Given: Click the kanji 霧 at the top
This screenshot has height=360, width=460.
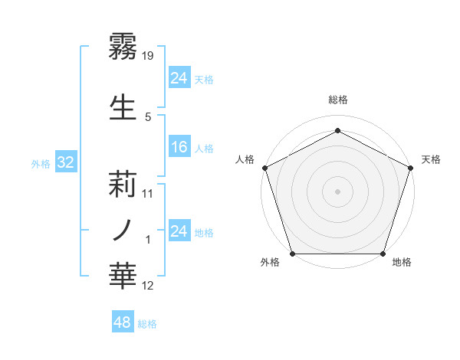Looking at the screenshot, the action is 123,46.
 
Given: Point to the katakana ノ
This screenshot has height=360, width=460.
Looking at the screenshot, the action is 123,229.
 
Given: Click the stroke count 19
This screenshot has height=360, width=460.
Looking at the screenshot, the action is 149,55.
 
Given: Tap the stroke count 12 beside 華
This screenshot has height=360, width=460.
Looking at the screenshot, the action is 149,286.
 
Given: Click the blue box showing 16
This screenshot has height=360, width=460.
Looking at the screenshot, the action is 179,147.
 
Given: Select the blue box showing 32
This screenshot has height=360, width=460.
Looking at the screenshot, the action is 65,162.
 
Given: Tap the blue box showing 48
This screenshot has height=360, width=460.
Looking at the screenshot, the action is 122,322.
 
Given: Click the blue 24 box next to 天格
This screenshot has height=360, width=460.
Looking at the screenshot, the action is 179,77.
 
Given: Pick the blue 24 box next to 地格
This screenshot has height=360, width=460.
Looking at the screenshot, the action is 179,231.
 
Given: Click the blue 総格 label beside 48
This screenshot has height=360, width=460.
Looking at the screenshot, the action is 147,324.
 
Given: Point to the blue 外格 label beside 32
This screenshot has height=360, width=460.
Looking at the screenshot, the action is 41,163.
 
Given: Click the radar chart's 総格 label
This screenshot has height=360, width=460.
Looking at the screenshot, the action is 337,100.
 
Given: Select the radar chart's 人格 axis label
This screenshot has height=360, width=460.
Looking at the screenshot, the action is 245,159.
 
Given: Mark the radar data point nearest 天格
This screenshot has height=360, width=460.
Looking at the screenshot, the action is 411,167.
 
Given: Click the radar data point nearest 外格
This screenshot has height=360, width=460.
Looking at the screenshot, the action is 292,254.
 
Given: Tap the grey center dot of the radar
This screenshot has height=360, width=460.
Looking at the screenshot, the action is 337,191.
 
